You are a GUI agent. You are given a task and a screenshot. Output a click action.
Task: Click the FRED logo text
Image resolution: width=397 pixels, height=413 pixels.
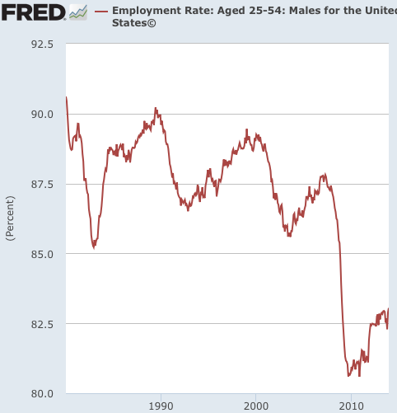tap(33, 12)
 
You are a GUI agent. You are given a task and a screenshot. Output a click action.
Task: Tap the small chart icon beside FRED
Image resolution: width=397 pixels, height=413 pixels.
tap(78, 12)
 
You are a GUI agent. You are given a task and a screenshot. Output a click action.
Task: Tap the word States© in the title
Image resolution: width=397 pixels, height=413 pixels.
tap(133, 23)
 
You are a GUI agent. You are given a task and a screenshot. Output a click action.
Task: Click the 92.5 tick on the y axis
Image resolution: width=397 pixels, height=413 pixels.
tap(42, 44)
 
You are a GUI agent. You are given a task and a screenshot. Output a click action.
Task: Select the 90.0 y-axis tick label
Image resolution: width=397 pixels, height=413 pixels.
tap(42, 115)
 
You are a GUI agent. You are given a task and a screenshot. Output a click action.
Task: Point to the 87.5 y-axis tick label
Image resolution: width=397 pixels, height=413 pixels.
tap(42, 184)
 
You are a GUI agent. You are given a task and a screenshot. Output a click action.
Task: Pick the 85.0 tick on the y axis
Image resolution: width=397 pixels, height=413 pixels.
tap(42, 254)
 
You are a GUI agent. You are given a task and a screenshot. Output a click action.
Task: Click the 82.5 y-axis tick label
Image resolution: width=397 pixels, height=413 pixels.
tap(42, 324)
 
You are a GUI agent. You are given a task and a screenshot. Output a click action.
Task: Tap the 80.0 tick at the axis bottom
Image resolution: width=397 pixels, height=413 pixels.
tap(42, 393)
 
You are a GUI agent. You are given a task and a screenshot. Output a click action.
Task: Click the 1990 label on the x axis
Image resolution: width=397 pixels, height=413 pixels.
tap(161, 406)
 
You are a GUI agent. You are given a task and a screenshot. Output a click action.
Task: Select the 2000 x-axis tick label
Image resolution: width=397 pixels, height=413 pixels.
tap(256, 406)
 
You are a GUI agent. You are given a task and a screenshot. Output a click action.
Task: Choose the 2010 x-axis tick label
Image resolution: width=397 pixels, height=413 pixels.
tap(352, 406)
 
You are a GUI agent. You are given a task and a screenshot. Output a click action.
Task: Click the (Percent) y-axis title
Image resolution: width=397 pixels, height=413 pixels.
tap(10, 218)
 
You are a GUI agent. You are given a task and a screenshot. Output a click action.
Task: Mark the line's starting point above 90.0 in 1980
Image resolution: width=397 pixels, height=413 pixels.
tap(66, 97)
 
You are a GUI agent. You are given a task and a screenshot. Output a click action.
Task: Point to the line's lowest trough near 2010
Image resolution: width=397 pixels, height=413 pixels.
tap(348, 376)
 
